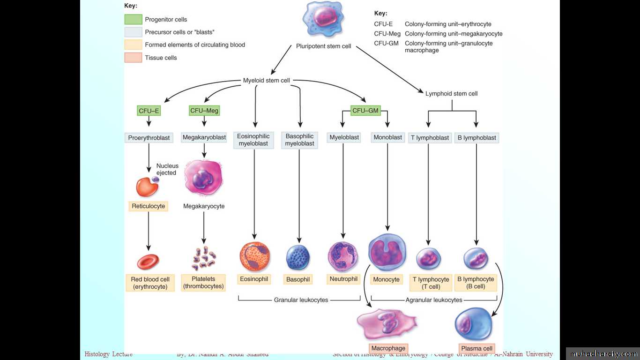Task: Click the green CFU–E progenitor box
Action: [149, 111]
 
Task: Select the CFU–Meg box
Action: [204, 111]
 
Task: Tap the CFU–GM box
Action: [365, 111]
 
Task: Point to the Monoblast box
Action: [387, 137]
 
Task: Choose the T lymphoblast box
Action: [430, 138]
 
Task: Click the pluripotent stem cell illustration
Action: [323, 20]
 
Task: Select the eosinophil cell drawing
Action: [254, 256]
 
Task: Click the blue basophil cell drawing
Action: [298, 257]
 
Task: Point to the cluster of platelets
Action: [204, 258]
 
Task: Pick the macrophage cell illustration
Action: [387, 323]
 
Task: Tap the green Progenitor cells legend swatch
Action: [133, 20]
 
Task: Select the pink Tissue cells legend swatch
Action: [133, 58]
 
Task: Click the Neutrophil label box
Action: [343, 279]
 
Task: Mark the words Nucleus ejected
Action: [167, 169]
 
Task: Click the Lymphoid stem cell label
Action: [451, 94]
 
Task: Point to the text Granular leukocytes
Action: [301, 300]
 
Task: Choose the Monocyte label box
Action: [387, 279]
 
